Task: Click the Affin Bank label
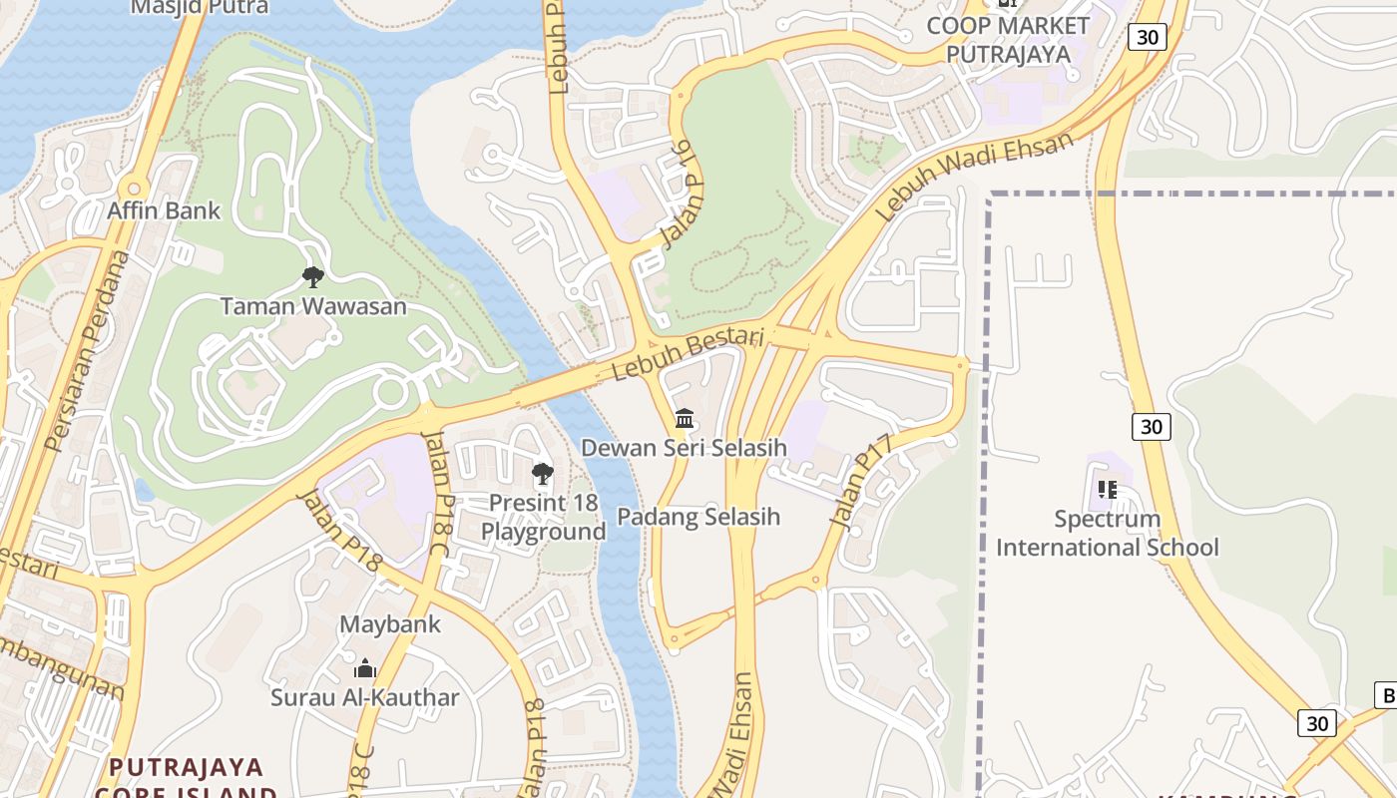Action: pos(164,211)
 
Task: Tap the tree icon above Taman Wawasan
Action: pos(312,276)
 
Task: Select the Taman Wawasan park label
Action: pos(313,306)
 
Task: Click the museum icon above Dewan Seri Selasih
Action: pos(685,419)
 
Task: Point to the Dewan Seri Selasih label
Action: pos(685,448)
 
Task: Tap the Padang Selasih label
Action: pos(698,517)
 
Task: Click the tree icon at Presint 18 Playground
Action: pos(543,474)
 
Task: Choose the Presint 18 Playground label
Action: pos(544,517)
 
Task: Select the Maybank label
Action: pos(390,624)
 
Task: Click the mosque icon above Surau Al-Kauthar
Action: pos(365,668)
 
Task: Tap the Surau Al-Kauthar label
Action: pos(365,697)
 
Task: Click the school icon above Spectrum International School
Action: pos(1108,490)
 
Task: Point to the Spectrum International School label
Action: pos(1108,533)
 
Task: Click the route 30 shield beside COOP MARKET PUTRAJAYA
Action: pos(1148,37)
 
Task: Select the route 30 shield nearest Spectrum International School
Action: pos(1152,427)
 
